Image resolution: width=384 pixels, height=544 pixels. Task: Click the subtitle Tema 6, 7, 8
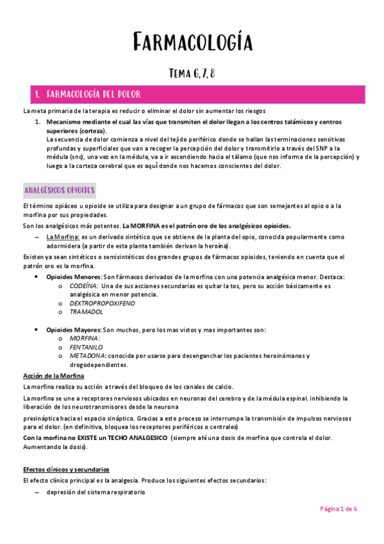point(192,73)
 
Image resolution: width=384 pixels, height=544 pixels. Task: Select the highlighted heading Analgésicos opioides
point(59,191)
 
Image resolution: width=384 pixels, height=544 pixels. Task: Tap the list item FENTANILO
point(87,346)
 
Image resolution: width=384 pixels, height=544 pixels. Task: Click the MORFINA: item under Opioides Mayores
point(85,338)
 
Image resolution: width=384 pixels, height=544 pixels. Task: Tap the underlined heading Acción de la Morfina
point(54,375)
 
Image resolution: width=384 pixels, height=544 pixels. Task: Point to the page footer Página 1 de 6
point(339,509)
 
